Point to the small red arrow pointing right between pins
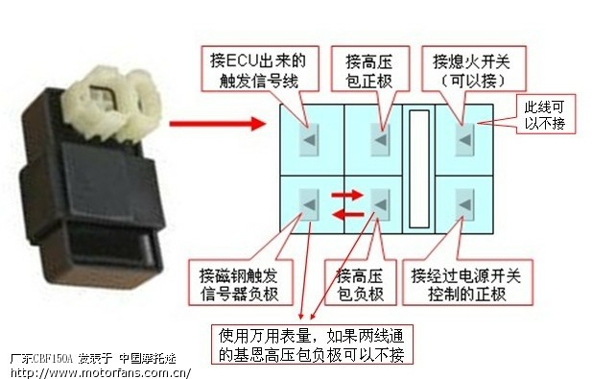[347, 195]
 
